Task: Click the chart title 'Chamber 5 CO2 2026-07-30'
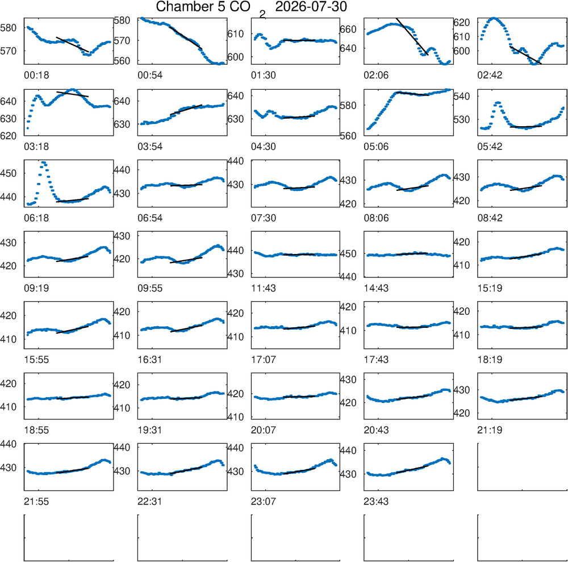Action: (x=252, y=8)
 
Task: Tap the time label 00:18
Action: (x=36, y=76)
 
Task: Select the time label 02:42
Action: (x=490, y=76)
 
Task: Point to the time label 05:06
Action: (x=377, y=147)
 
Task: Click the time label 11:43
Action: (x=264, y=289)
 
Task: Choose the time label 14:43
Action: (x=377, y=289)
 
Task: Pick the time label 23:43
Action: (x=377, y=502)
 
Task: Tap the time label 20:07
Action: (x=264, y=431)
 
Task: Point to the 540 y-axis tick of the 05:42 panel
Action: (x=462, y=97)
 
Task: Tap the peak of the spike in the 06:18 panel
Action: (x=44, y=163)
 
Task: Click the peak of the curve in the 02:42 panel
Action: (x=494, y=18)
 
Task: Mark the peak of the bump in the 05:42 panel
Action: (x=498, y=103)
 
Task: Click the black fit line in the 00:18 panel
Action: (x=73, y=44)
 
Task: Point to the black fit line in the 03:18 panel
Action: (x=73, y=94)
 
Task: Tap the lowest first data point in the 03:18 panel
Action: (x=28, y=128)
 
